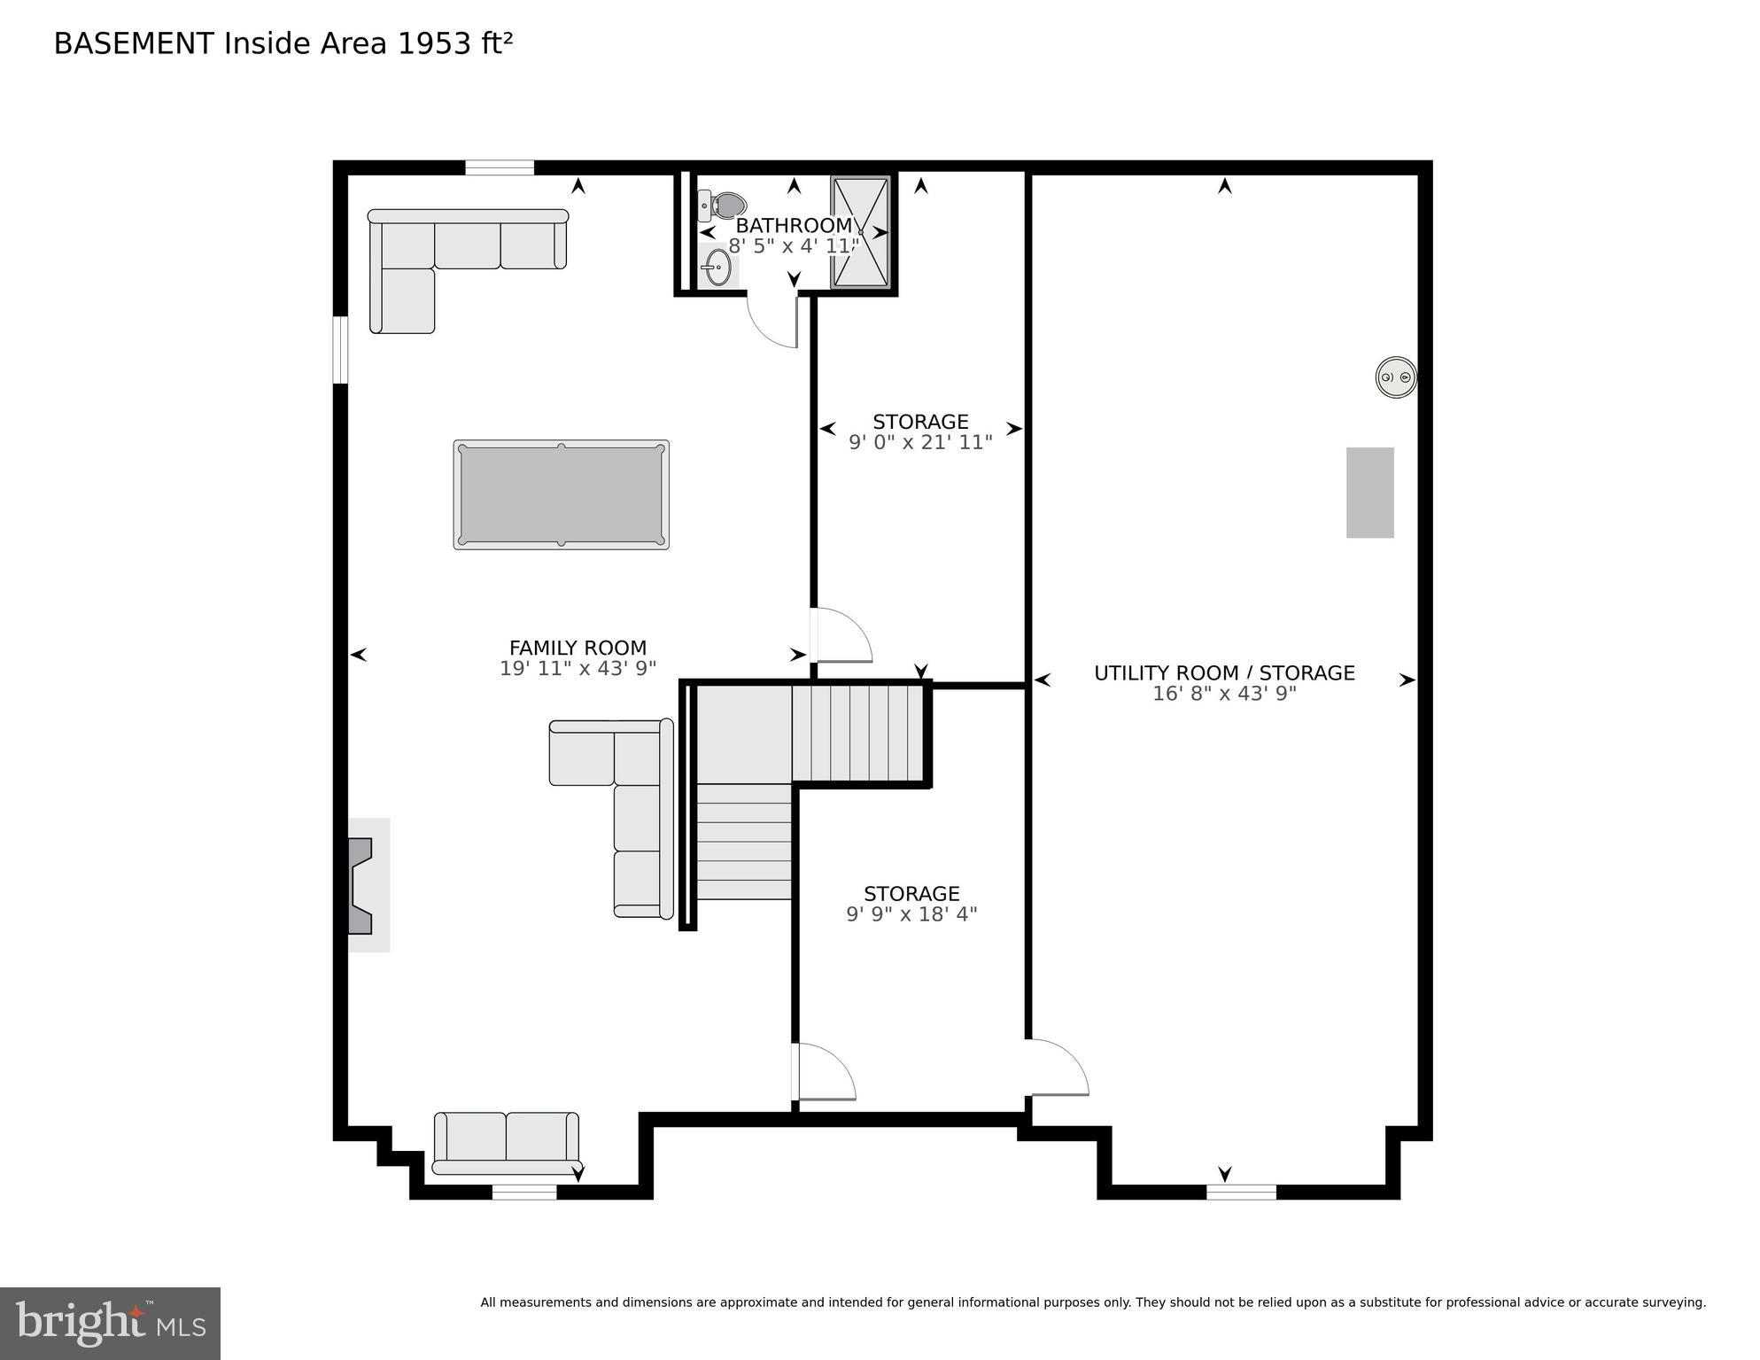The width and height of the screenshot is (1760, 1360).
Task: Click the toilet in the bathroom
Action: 725,206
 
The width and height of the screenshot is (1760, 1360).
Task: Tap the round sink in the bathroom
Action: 717,265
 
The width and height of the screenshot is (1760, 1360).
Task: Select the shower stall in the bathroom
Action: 860,232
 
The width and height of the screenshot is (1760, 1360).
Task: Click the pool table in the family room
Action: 561,494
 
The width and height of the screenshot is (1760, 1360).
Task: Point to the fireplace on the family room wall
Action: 361,885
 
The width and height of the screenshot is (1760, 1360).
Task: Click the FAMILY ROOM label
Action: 578,648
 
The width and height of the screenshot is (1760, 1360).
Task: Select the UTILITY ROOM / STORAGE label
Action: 1223,672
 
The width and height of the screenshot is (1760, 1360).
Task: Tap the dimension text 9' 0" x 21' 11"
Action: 920,442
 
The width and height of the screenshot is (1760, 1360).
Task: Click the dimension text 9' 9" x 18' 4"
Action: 911,913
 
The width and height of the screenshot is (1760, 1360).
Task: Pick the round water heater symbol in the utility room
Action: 1395,377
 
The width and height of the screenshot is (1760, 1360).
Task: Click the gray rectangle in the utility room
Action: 1369,493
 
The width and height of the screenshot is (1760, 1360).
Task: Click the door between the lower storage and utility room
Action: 1058,1067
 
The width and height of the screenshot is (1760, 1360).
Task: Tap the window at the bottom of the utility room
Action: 1241,1192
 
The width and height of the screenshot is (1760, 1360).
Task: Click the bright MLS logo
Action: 110,1323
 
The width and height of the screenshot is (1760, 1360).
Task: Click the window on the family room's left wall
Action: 340,350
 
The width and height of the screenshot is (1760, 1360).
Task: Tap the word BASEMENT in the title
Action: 134,43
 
